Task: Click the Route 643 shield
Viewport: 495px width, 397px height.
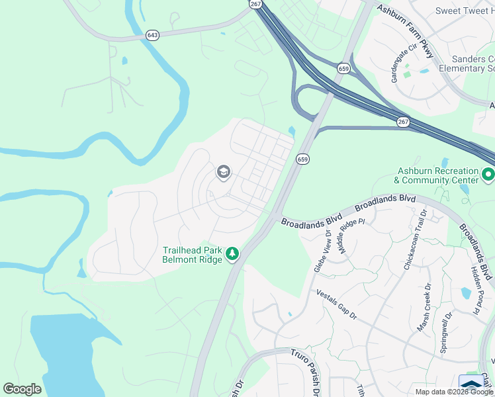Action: tap(153, 35)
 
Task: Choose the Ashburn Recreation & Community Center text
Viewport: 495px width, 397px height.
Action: tap(436, 175)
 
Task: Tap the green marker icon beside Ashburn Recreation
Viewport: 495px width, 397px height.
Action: tap(488, 175)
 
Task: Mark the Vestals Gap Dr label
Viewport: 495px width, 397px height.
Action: tap(336, 305)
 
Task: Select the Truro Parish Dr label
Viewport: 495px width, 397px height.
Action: tap(306, 368)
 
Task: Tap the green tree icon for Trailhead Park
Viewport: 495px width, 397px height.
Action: tap(232, 254)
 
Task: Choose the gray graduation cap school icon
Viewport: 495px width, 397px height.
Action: tap(223, 173)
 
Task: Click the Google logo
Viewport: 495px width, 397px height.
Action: tap(22, 389)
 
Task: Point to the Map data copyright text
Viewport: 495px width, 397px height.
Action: tap(453, 392)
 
